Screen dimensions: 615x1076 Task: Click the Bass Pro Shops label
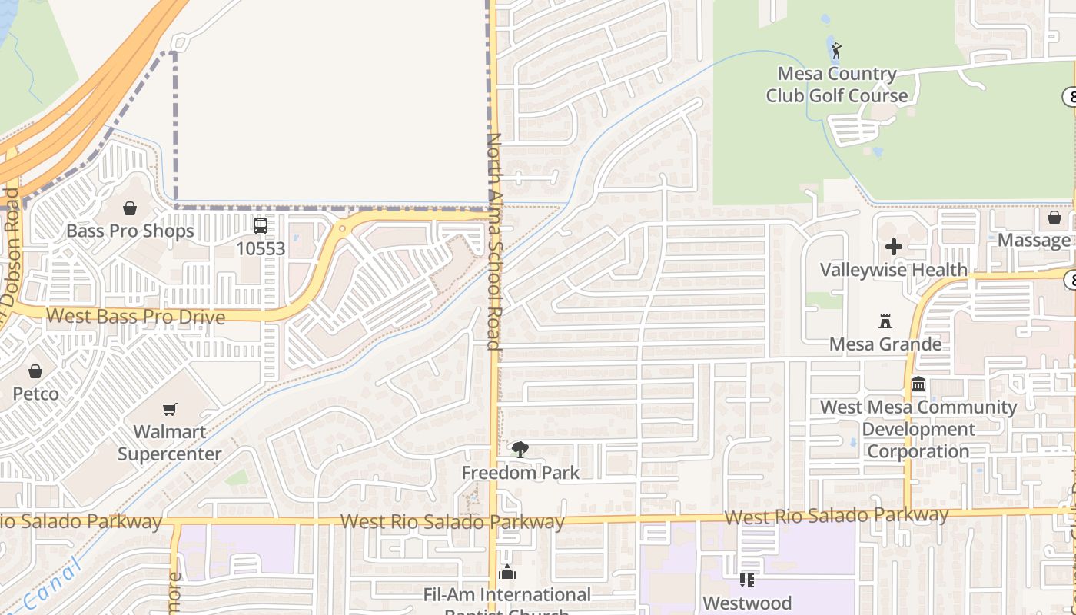[x=130, y=231]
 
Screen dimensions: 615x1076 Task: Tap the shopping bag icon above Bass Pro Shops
[x=130, y=208]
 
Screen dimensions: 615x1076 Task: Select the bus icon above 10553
[x=261, y=226]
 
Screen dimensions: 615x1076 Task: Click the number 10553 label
[x=261, y=249]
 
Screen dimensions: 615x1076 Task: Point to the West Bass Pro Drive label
[x=136, y=317]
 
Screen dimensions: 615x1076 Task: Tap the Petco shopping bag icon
[x=35, y=372]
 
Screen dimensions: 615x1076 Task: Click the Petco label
[x=35, y=394]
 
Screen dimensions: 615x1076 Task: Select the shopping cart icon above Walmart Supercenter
[x=170, y=410]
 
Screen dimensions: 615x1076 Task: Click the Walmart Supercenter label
[x=170, y=443]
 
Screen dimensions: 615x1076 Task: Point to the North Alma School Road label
[x=494, y=241]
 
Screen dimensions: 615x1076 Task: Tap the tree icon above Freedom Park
[x=520, y=450]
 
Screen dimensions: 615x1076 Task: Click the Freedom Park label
[x=520, y=472]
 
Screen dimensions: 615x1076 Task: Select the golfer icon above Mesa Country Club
[x=836, y=52]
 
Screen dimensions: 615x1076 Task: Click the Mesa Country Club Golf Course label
[x=836, y=85]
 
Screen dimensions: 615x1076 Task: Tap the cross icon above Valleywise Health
[x=893, y=247]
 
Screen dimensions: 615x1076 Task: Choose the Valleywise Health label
[x=893, y=270]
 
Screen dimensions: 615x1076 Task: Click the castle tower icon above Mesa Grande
[x=885, y=321]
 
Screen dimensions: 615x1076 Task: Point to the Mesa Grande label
[x=885, y=344]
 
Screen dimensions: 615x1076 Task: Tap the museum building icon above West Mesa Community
[x=918, y=384]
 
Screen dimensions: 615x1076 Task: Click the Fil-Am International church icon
[x=507, y=573]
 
